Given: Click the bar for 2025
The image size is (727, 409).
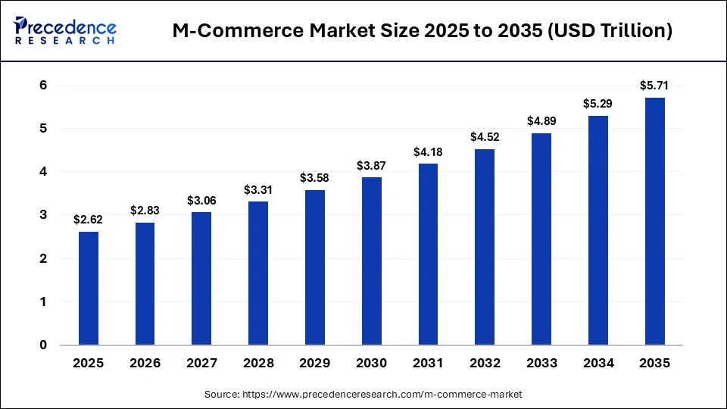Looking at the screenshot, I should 88,288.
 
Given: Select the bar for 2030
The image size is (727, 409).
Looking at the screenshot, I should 371,261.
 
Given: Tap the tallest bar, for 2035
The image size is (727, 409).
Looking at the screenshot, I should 654,221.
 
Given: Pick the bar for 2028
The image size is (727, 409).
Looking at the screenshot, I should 257,273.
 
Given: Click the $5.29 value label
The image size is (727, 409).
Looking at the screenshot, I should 598,103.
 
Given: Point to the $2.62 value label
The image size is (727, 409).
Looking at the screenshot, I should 88,220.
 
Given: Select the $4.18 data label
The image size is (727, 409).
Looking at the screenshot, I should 428,152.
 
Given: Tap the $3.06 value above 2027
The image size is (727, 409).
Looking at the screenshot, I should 201,201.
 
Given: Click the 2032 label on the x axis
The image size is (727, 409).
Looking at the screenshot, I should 485,364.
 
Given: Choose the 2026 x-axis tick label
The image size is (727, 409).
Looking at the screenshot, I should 145,364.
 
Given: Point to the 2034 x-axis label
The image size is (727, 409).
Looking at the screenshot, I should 598,364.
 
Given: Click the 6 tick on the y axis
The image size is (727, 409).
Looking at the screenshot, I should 43,86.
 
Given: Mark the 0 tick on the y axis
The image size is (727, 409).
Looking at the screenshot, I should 43,345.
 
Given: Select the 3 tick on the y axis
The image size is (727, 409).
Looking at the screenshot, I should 43,215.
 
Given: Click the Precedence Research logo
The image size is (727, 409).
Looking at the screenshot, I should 65,31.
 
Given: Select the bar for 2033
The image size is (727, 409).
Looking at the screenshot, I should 541,239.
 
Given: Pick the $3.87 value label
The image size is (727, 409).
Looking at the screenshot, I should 371,165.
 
